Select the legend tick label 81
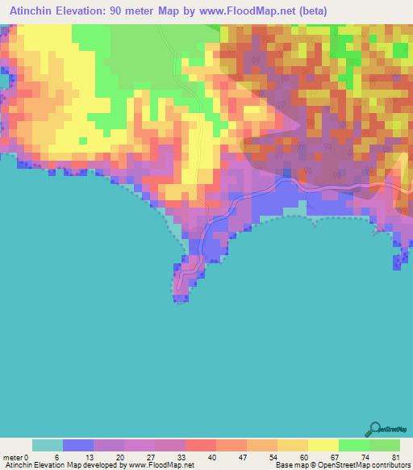(394, 457)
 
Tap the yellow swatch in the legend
(323, 446)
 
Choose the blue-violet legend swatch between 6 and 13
(77, 446)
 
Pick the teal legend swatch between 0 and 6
(47, 446)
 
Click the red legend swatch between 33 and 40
(200, 446)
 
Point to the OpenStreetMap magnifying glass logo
(376, 430)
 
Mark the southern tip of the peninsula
(179, 300)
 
